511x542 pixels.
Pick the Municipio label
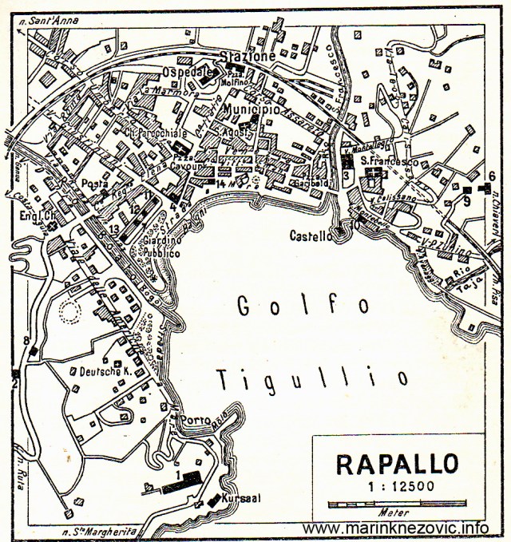252,108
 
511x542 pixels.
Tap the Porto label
196,420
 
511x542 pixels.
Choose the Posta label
94,184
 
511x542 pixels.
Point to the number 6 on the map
492,176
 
